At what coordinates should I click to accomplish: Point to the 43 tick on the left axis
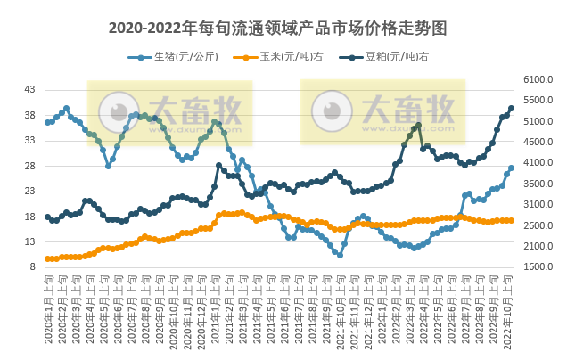[29, 90]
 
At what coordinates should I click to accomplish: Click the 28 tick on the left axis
[29, 166]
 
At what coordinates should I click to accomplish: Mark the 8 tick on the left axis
[32, 267]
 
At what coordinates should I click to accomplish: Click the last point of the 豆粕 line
[511, 109]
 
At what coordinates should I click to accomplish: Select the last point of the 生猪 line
[511, 168]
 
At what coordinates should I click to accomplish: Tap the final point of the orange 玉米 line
[511, 220]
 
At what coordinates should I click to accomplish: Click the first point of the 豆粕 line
[48, 217]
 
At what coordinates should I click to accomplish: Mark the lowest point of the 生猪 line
[340, 255]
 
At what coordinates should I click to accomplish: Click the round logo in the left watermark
[113, 112]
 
